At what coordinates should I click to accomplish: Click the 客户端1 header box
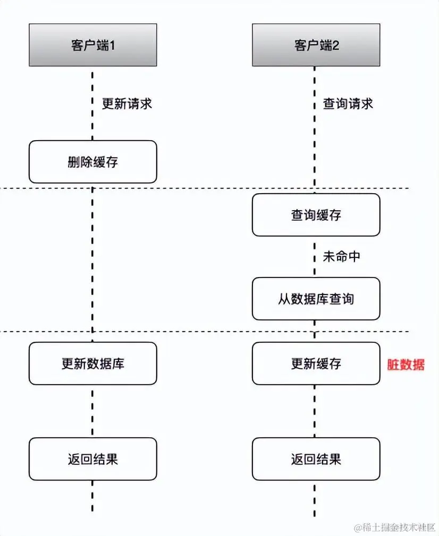click(x=93, y=45)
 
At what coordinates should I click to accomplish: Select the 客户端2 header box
click(x=316, y=45)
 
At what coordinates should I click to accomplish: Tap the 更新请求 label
click(x=127, y=103)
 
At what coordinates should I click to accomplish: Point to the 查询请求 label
click(x=348, y=103)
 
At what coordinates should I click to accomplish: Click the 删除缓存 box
click(x=93, y=162)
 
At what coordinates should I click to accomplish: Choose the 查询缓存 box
click(x=316, y=215)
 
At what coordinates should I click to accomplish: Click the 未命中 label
click(x=342, y=256)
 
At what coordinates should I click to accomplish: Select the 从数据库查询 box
click(x=316, y=299)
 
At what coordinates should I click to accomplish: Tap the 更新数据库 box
click(x=93, y=364)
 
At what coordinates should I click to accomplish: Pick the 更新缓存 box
click(x=316, y=364)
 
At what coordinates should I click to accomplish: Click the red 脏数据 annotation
click(x=406, y=365)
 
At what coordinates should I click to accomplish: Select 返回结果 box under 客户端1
click(x=93, y=459)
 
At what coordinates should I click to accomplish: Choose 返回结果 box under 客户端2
click(x=316, y=459)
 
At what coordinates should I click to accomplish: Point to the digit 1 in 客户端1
click(x=112, y=45)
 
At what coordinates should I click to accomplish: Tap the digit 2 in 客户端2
click(x=336, y=45)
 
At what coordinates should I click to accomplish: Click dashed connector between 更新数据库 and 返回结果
click(x=93, y=411)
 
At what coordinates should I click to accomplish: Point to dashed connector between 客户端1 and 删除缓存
click(x=93, y=103)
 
